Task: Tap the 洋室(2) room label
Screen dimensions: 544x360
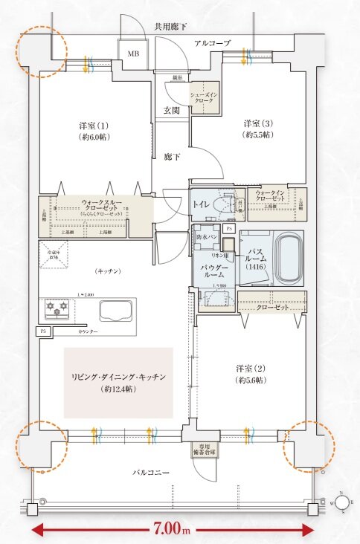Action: click(x=248, y=374)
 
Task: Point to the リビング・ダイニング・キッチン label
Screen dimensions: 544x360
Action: click(x=118, y=382)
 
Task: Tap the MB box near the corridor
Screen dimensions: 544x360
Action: click(x=134, y=54)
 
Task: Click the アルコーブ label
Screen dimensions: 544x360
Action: click(x=212, y=43)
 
